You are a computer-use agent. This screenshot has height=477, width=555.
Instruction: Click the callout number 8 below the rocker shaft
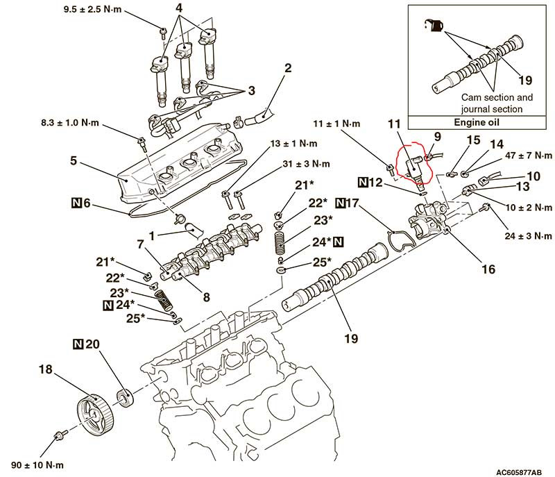pos(205,297)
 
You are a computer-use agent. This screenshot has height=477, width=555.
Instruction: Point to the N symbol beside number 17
pos(341,203)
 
